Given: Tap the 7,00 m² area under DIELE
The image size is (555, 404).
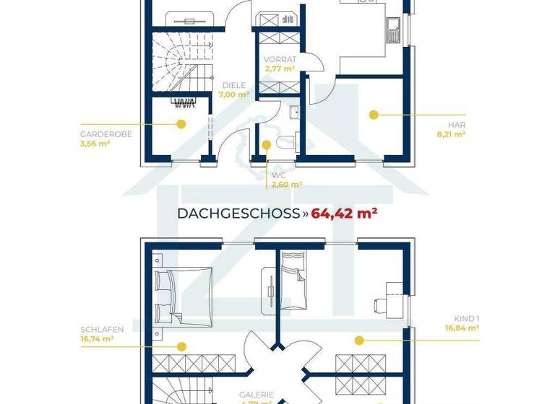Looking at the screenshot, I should pos(234,94).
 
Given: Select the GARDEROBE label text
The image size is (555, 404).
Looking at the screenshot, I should pos(106,134).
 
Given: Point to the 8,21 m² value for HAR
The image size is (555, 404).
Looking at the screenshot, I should pos(455,133).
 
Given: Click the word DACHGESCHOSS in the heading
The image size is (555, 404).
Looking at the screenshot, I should pos(238,214).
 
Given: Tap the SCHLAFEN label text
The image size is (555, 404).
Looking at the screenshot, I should pos(101,330).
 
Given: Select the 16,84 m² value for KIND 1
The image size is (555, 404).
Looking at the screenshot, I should pos(462,328).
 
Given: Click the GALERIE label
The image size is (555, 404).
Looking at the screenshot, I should pos(257,395).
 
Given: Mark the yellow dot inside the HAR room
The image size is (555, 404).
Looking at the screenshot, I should pos(374,114).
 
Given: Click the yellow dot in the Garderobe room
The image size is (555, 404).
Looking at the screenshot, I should pos(181,124).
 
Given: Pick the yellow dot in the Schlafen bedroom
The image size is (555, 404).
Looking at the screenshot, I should pos(181,346).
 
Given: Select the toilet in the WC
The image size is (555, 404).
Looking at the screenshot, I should pos(286,141).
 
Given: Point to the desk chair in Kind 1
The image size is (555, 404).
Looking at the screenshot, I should pos(381,304).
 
